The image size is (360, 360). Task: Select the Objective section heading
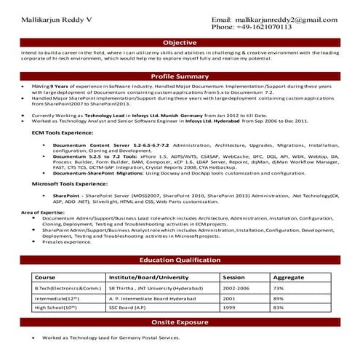(179, 43)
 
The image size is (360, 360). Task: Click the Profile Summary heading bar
(179, 76)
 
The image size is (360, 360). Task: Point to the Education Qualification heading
(179, 259)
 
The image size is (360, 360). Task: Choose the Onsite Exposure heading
(179, 321)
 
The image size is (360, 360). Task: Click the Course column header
(45, 277)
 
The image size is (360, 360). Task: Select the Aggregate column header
(288, 277)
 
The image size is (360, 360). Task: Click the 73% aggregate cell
(277, 289)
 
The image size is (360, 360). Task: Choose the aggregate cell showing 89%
(277, 298)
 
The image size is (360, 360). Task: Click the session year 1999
(229, 308)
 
